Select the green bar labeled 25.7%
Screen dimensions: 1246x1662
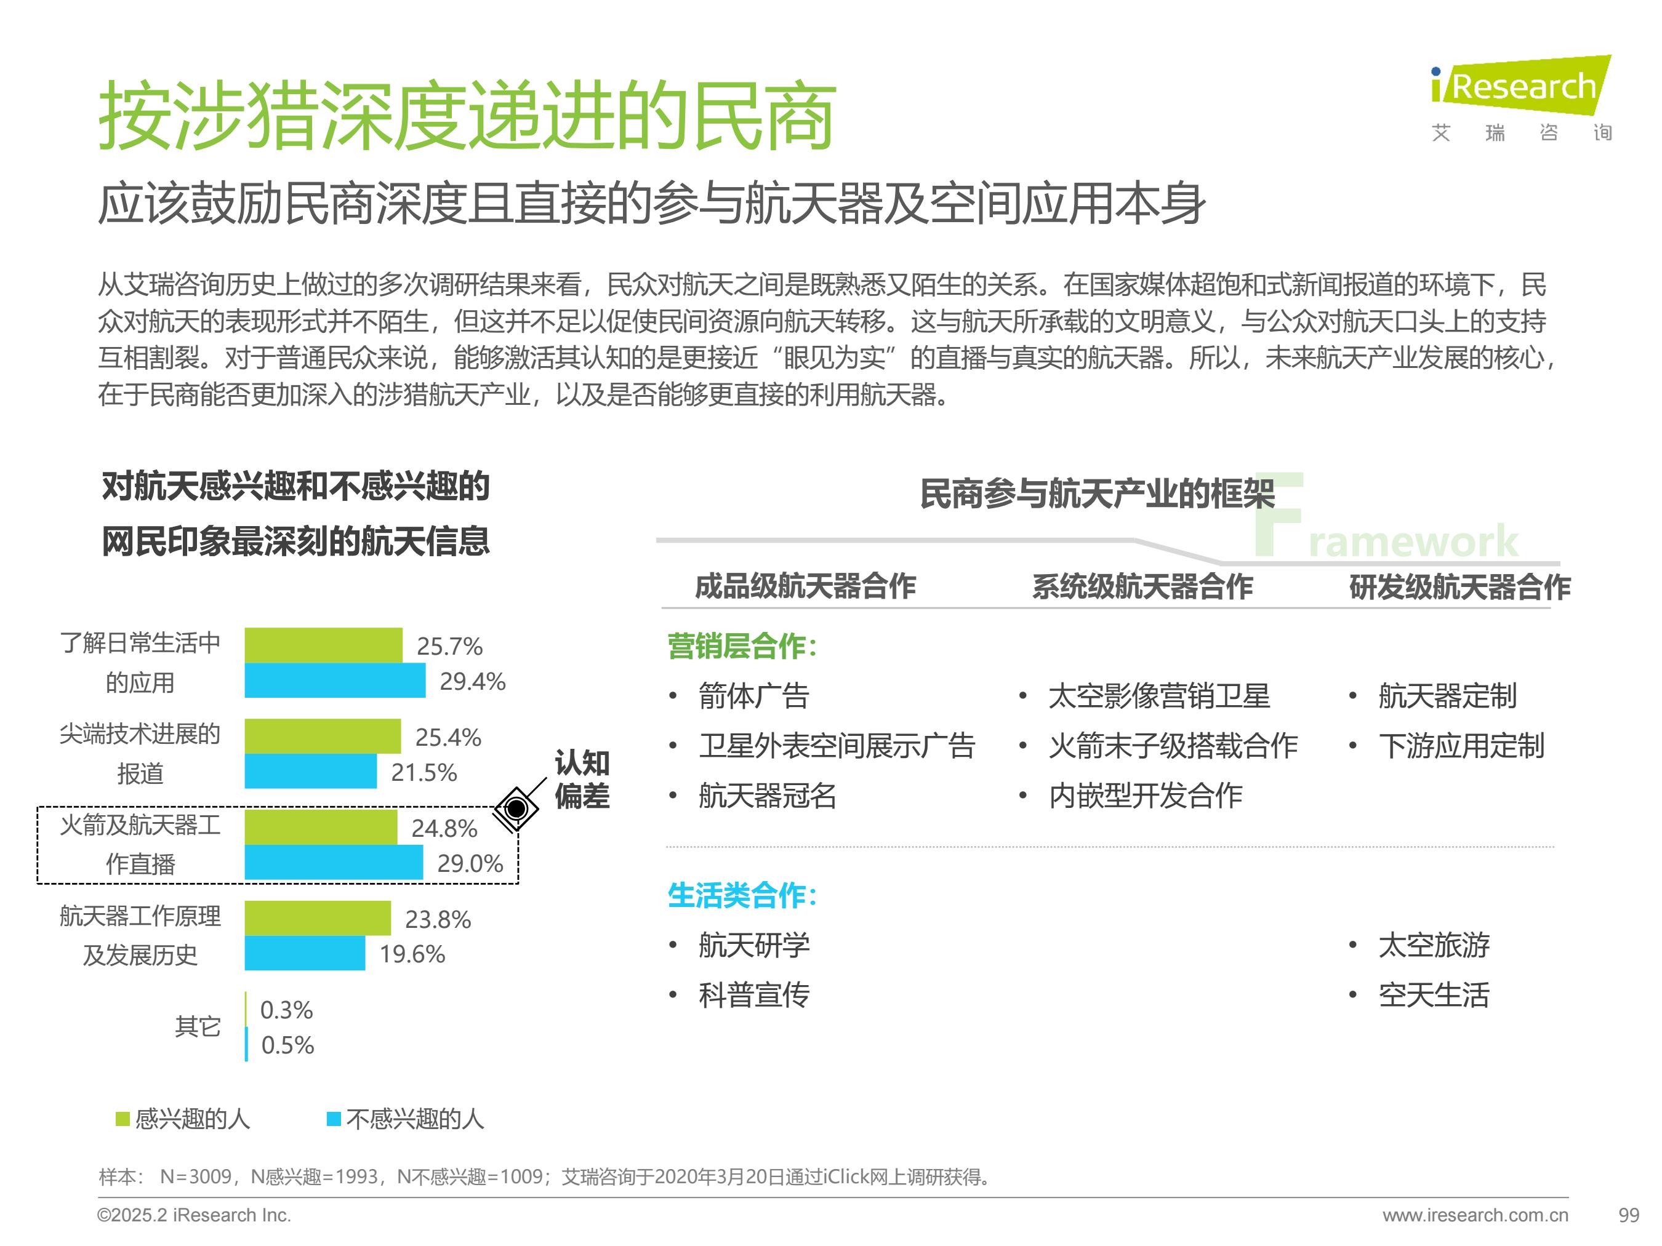tap(323, 645)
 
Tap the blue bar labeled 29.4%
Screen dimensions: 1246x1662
tap(334, 681)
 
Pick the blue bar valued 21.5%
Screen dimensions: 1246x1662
tap(310, 772)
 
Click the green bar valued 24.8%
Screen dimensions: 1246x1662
tap(321, 827)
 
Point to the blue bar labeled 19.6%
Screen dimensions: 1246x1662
tap(304, 953)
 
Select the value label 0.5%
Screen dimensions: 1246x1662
tap(287, 1045)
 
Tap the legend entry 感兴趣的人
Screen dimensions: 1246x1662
tap(183, 1119)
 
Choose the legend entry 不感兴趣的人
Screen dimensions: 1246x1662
tap(406, 1119)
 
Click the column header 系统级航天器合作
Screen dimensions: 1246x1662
tap(1142, 586)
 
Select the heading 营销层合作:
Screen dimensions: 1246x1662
tap(742, 646)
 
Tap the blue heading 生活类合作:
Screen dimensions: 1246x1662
tap(742, 895)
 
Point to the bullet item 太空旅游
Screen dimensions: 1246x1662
tap(1434, 945)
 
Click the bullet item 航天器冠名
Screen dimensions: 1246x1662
tap(767, 796)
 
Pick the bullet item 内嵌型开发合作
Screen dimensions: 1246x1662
tap(1145, 796)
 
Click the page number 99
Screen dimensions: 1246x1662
tap(1628, 1215)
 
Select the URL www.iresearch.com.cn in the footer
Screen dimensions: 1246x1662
tap(1475, 1215)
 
